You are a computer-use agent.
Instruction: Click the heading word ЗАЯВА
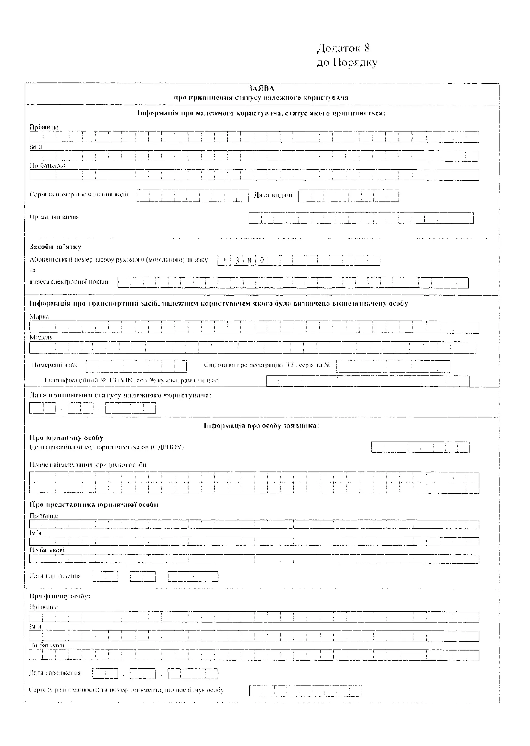click(261, 88)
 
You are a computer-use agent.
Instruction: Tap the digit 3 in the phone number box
click(237, 260)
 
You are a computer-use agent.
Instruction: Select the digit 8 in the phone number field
click(249, 260)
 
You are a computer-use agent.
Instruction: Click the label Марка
click(39, 316)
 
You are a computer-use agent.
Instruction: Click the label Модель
click(41, 337)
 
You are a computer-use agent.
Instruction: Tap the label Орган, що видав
click(54, 217)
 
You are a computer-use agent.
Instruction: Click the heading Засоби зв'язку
click(55, 247)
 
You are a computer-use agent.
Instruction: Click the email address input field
click(293, 283)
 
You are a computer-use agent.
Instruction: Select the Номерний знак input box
click(136, 366)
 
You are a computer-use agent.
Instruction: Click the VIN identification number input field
click(367, 381)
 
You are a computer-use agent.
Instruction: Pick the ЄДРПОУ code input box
click(420, 447)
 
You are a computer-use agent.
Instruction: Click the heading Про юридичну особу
click(66, 438)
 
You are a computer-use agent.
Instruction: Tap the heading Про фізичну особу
click(60, 596)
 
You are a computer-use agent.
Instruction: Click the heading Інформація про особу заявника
click(261, 426)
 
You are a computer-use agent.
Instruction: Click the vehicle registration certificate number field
click(393, 366)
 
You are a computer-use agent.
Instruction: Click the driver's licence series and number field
click(193, 196)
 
